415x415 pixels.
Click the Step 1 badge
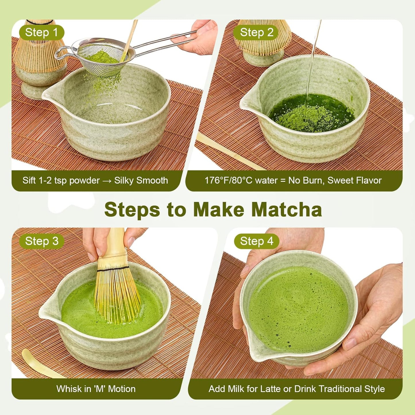coord(41,32)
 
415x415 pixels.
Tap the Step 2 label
coord(256,32)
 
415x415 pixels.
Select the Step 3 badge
coord(41,241)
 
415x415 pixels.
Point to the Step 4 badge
coord(256,241)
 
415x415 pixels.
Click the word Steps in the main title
coord(132,210)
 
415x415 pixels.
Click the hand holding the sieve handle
coord(201,37)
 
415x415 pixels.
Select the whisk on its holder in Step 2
coord(263,40)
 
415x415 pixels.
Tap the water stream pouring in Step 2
coord(312,63)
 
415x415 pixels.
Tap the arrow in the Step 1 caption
coord(107,181)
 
